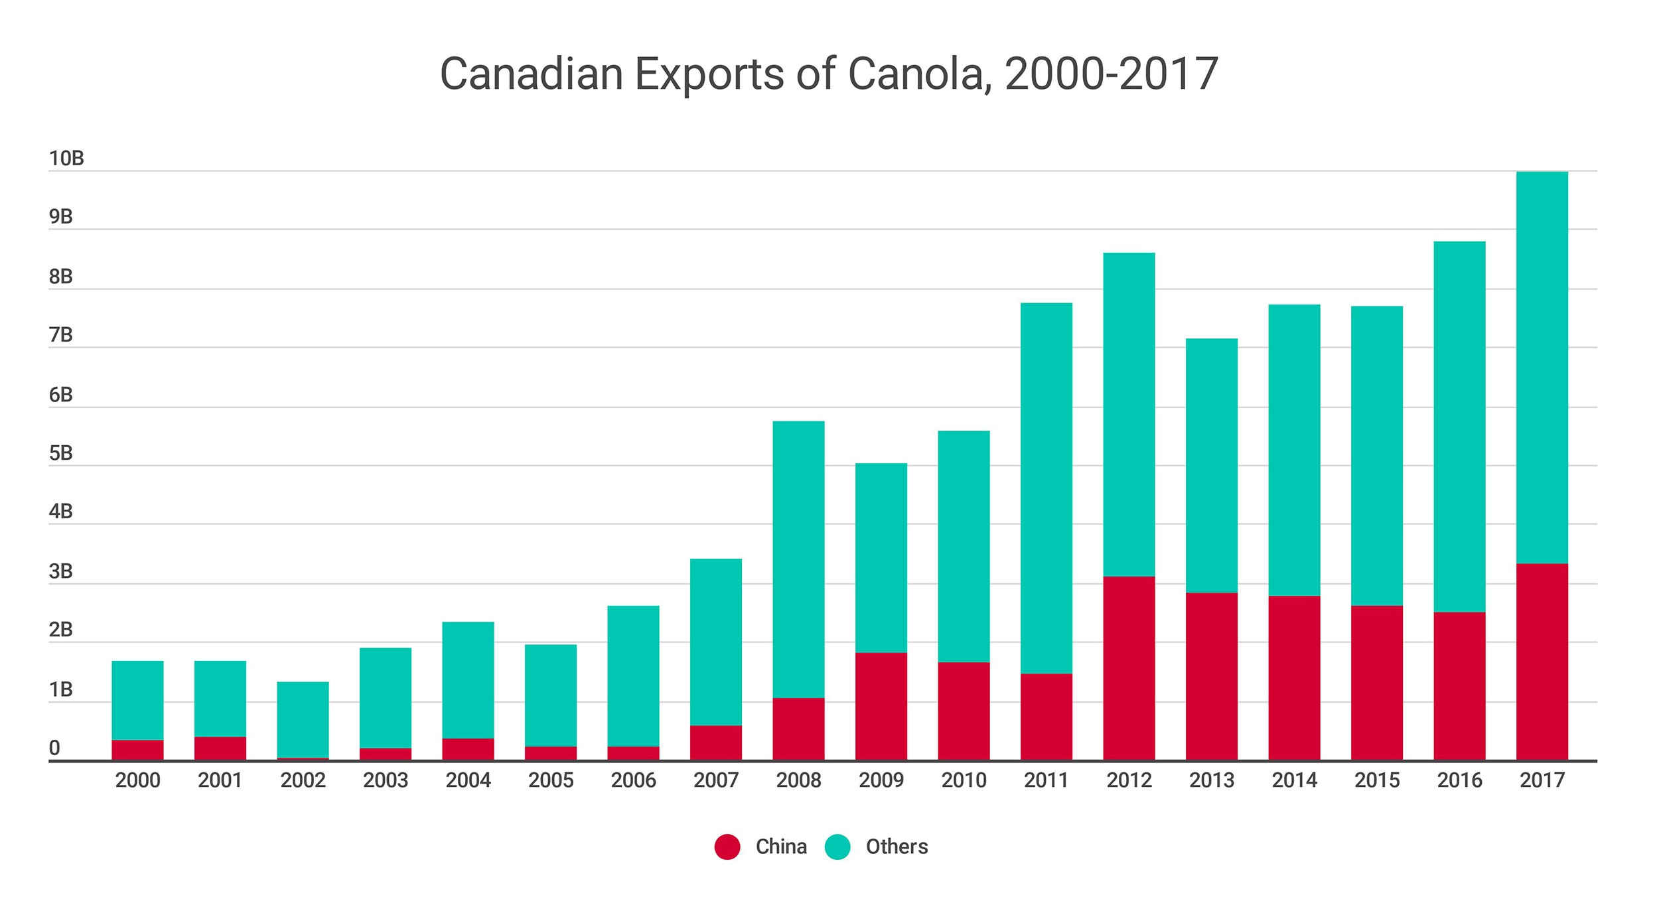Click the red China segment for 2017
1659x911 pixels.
point(1542,662)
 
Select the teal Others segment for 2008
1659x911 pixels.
point(798,559)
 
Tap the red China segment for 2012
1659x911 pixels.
point(1129,668)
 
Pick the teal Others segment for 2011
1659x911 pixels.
point(1046,488)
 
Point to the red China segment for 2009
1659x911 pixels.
point(881,706)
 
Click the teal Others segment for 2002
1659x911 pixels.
point(303,719)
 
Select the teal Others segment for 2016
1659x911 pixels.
point(1459,427)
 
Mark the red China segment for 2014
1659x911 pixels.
point(1294,677)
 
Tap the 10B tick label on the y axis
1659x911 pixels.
point(66,159)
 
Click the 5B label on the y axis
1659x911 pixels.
point(60,453)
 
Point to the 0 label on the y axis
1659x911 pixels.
point(54,748)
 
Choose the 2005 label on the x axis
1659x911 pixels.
point(551,780)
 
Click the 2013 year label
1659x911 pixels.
point(1211,780)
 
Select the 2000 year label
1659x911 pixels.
point(137,780)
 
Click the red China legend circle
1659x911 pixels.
point(727,847)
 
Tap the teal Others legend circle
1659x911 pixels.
point(837,847)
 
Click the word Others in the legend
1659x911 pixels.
point(897,847)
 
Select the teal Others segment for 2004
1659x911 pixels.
point(468,679)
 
